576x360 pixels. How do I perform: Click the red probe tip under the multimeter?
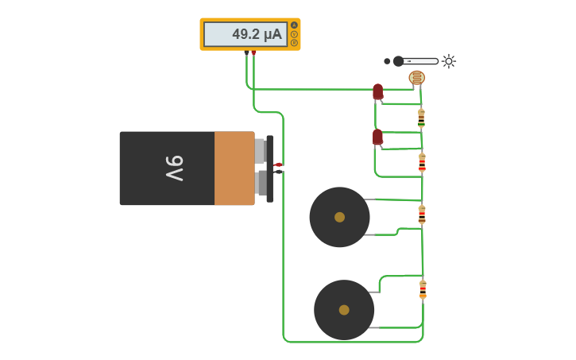pyautogui.click(x=253, y=52)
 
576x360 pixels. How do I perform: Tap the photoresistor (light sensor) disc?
pyautogui.click(x=416, y=77)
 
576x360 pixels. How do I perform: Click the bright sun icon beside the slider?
pyautogui.click(x=449, y=61)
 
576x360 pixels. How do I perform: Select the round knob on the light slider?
pyautogui.click(x=398, y=61)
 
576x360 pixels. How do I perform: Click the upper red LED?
pyautogui.click(x=377, y=91)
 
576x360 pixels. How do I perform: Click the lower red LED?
pyautogui.click(x=377, y=137)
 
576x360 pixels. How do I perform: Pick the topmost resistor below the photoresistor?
pyautogui.click(x=421, y=118)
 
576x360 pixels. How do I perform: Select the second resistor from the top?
pyautogui.click(x=422, y=162)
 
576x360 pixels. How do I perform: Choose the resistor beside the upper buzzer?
pyautogui.click(x=422, y=215)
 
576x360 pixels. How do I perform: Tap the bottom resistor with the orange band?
pyautogui.click(x=423, y=289)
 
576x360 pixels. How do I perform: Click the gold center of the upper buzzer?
pyautogui.click(x=339, y=217)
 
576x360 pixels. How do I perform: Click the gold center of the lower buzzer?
pyautogui.click(x=344, y=310)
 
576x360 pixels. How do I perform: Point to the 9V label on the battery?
pyautogui.click(x=174, y=168)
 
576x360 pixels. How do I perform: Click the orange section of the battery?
pyautogui.click(x=234, y=168)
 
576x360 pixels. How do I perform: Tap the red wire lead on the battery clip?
pyautogui.click(x=277, y=165)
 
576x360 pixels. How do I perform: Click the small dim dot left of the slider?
pyautogui.click(x=387, y=61)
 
